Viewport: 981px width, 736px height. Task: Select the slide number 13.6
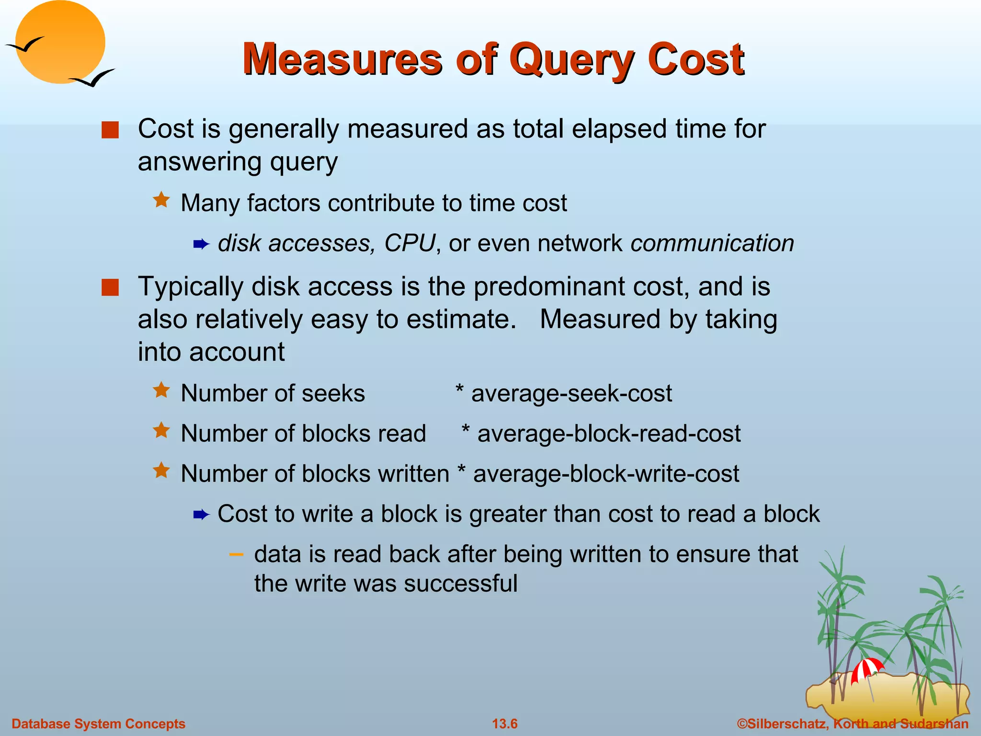click(504, 724)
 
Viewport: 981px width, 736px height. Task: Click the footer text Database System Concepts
click(98, 724)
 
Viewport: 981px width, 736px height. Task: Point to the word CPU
click(410, 243)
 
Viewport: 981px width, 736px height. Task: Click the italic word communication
click(712, 243)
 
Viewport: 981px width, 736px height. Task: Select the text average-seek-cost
click(571, 393)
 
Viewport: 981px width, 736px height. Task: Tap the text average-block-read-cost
click(609, 434)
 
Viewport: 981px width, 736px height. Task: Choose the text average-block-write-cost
click(606, 474)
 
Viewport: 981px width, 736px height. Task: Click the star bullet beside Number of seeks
click(161, 391)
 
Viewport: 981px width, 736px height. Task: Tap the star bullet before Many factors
click(161, 200)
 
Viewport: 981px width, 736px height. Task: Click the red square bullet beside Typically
click(110, 288)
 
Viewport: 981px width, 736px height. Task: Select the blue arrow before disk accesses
click(201, 245)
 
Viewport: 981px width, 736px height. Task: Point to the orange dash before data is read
click(236, 554)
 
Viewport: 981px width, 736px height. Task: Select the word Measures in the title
click(342, 59)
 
